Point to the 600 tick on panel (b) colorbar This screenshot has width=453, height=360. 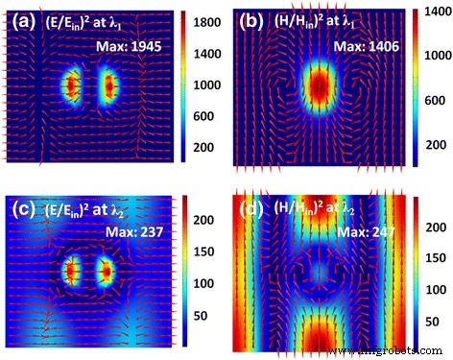click(435, 102)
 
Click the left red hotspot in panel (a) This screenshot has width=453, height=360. click(70, 86)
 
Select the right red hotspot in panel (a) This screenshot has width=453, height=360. click(108, 86)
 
